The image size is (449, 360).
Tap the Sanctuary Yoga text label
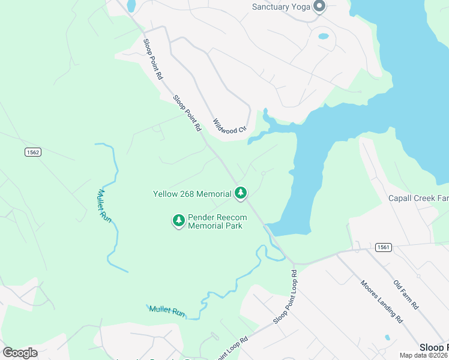pos(280,7)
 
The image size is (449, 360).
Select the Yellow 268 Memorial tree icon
pos(241,193)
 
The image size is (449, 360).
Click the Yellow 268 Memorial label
pos(192,194)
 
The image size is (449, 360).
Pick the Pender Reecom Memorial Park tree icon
pos(178,221)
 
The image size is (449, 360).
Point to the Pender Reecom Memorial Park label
pos(215,222)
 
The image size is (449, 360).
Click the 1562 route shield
pos(32,152)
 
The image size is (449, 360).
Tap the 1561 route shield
pos(383,247)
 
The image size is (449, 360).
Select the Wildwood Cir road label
pos(231,125)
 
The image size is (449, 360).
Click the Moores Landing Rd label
pos(381,302)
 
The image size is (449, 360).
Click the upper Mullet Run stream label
pos(104,206)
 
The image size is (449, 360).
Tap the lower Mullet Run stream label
pos(166,311)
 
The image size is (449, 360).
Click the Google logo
pos(20,352)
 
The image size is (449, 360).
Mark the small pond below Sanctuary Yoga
pos(324,36)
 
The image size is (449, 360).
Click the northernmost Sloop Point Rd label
pos(152,59)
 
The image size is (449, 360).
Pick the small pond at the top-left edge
pos(131,5)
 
